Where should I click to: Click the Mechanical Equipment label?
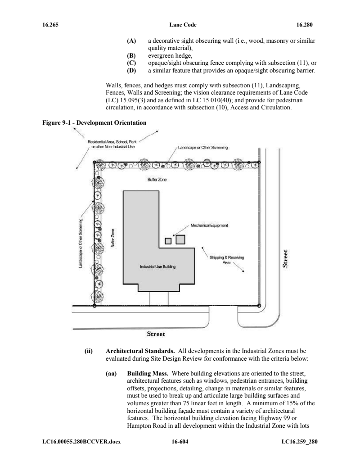(211, 225)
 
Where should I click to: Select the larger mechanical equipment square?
(180, 239)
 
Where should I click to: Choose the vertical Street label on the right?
(284, 260)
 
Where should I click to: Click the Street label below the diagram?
(156, 334)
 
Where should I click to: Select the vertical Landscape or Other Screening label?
(81, 243)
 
